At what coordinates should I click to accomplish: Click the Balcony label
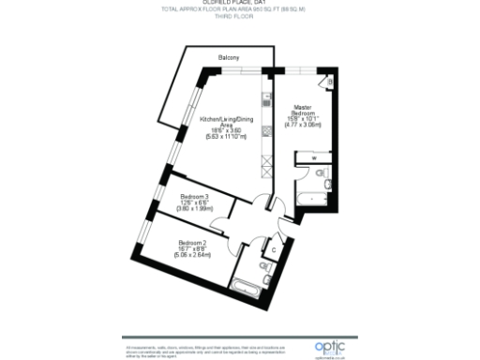[x=229, y=59]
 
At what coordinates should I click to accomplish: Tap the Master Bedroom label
[x=302, y=111]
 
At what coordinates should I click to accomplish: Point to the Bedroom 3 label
[x=193, y=196]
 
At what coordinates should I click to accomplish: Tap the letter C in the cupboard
[x=272, y=250]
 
